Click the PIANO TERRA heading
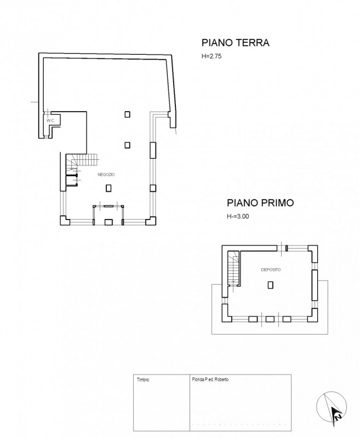tap(235, 43)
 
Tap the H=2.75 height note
tap(212, 56)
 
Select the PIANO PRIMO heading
tap(260, 203)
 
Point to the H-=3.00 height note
tap(238, 216)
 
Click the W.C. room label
tap(51, 120)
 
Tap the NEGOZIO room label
tap(106, 175)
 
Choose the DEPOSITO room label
tap(271, 270)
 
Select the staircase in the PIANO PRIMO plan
tap(233, 268)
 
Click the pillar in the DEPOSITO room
tap(270, 285)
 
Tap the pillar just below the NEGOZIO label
tap(108, 188)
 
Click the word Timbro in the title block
tap(144, 380)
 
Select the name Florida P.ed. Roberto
tap(210, 379)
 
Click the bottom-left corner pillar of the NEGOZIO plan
tap(65, 221)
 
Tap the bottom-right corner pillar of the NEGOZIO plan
tap(151, 221)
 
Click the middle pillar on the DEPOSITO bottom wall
tap(270, 319)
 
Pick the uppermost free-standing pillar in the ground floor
tap(128, 114)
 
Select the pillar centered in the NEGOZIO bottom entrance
tap(108, 222)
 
